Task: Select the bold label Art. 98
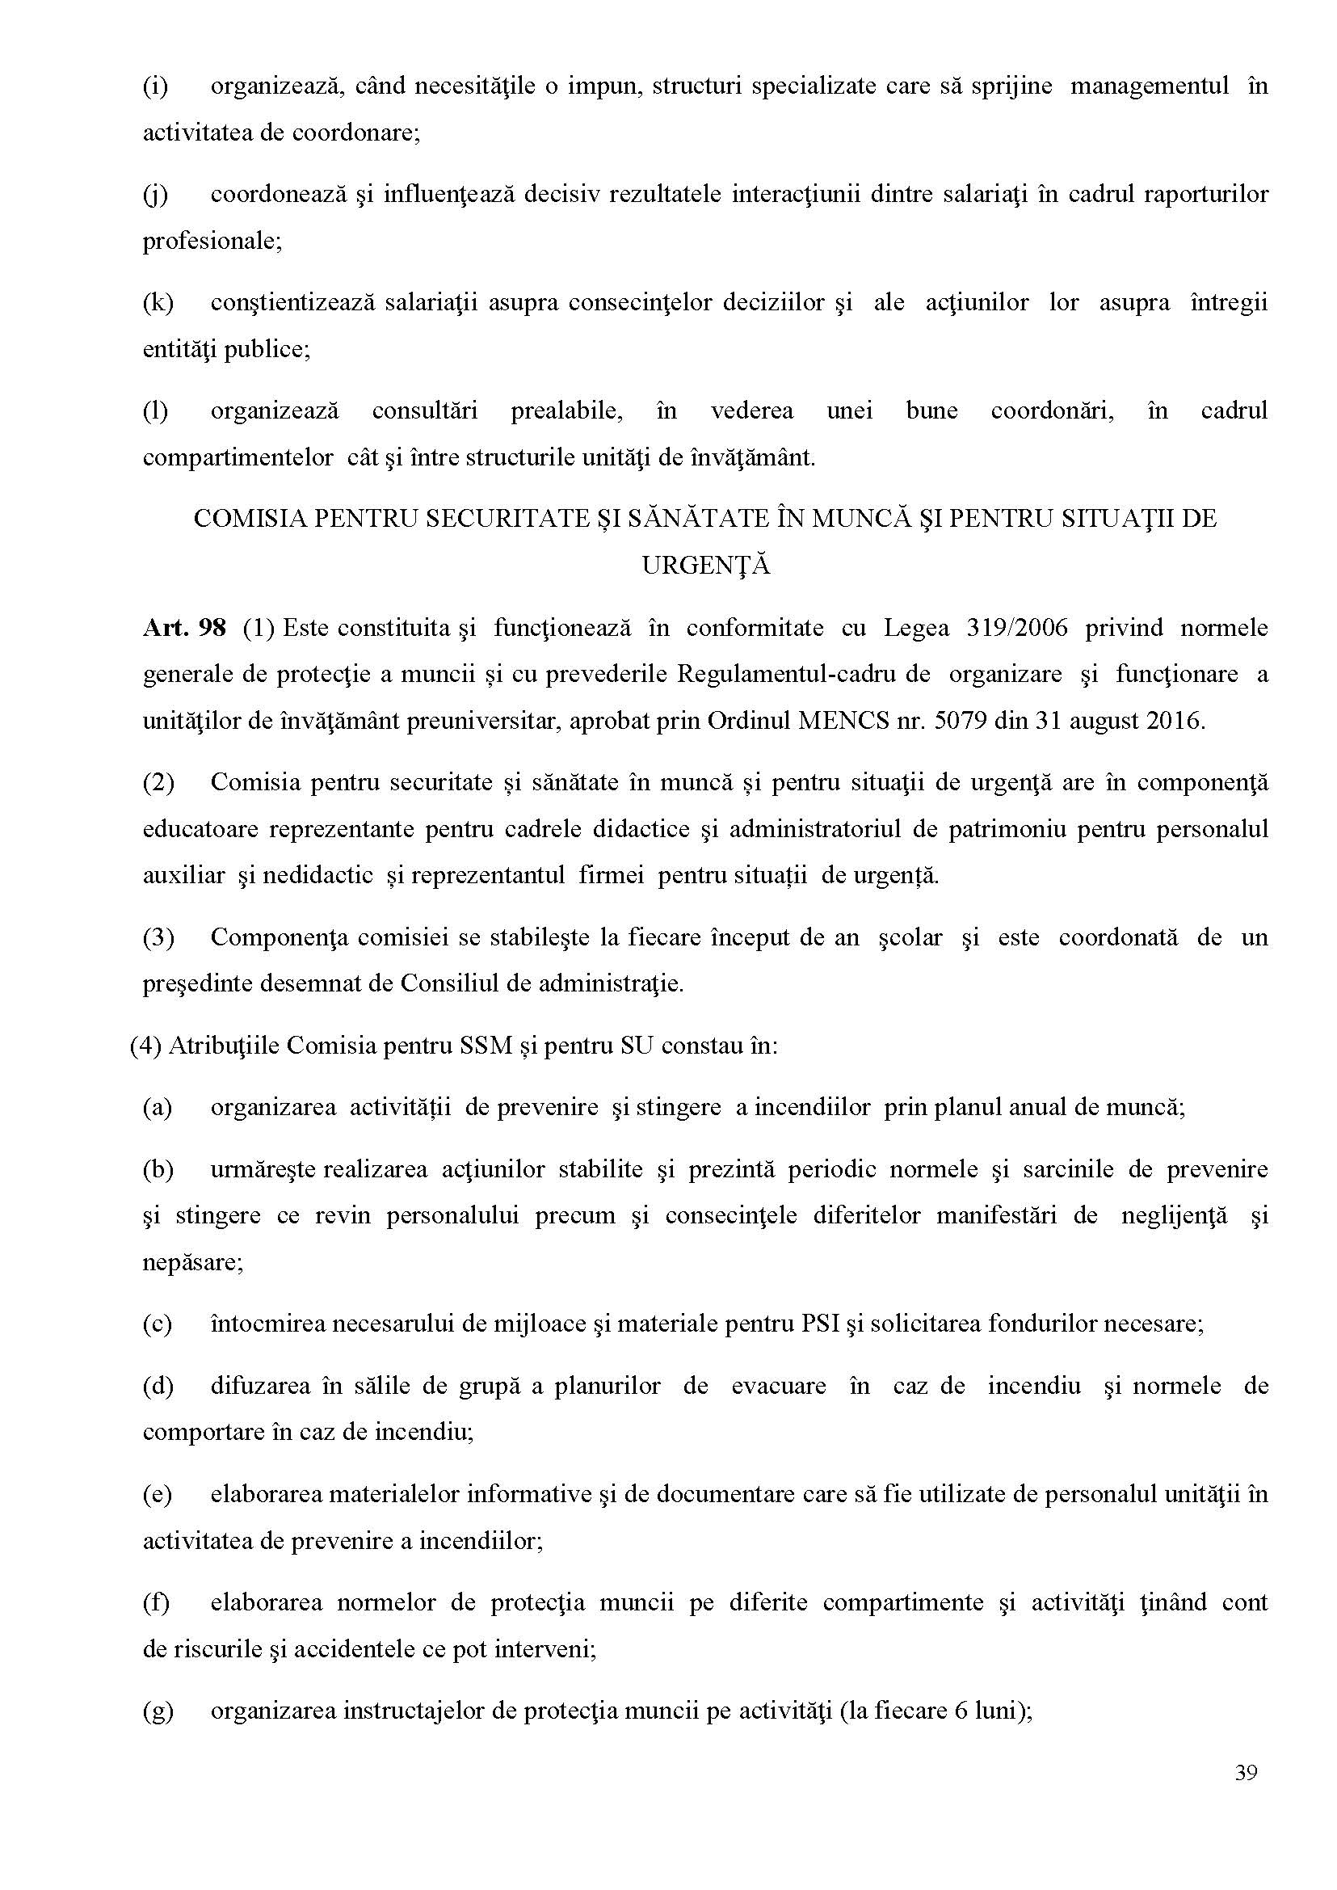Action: click(183, 628)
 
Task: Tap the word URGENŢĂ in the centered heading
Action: click(705, 566)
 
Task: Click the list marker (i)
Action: click(155, 86)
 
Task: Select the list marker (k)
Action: click(158, 302)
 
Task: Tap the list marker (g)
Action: click(158, 1711)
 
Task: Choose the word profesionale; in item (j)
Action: click(212, 241)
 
